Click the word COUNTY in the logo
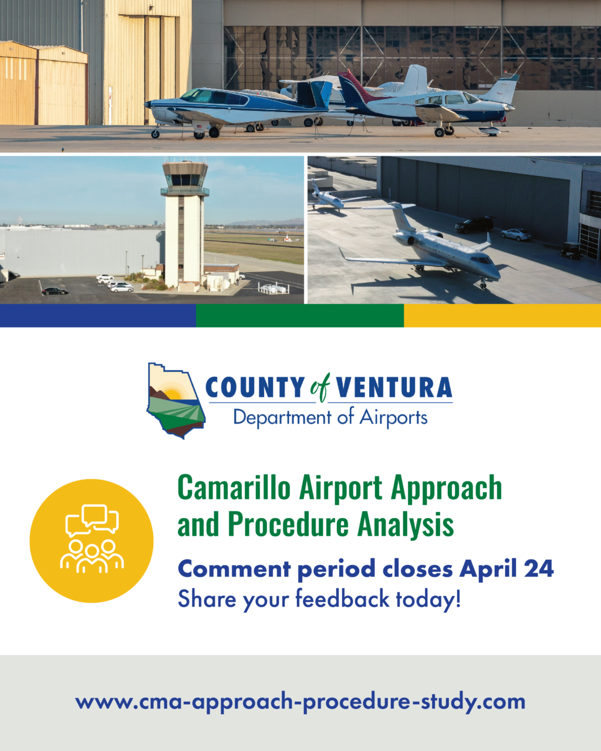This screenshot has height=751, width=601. pos(255,387)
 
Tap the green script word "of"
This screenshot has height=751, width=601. pos(320,387)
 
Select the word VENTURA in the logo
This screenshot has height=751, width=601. pos(394,387)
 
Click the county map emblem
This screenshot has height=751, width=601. pos(176,401)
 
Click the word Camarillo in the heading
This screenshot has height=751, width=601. pos(234,488)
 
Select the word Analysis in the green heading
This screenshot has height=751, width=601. pos(405,524)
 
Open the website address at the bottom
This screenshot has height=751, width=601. pos(300,702)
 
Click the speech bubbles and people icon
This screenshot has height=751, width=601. pos(92,540)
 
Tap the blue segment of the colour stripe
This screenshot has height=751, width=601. pos(98,316)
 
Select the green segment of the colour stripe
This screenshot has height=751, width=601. pos(300,316)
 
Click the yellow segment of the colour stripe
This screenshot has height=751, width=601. pos(502,316)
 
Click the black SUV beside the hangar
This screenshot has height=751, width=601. pos(475,225)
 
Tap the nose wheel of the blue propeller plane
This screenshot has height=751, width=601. pos(155,134)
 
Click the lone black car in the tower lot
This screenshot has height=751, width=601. pos(55,291)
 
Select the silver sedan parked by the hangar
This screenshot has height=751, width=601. pos(516,234)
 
